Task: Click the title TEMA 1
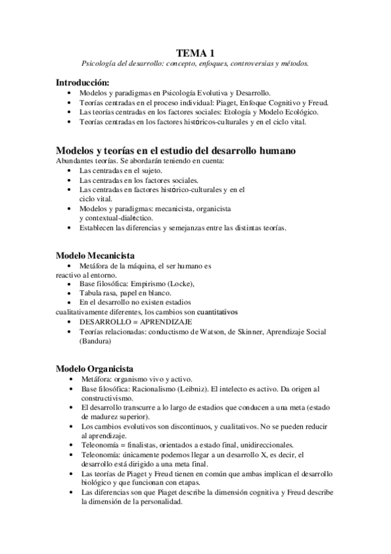(x=195, y=52)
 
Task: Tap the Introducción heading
(x=82, y=83)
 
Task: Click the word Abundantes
(x=75, y=161)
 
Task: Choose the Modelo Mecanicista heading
(x=95, y=255)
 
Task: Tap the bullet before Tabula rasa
(x=70, y=294)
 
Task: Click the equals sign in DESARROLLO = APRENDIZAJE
(x=129, y=323)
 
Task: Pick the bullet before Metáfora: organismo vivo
(x=70, y=380)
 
